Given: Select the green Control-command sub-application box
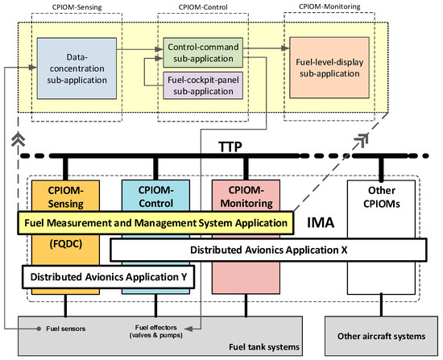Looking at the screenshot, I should [x=201, y=48].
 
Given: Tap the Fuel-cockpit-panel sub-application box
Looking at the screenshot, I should [x=201, y=84].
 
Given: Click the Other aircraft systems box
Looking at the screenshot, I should [x=379, y=332].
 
